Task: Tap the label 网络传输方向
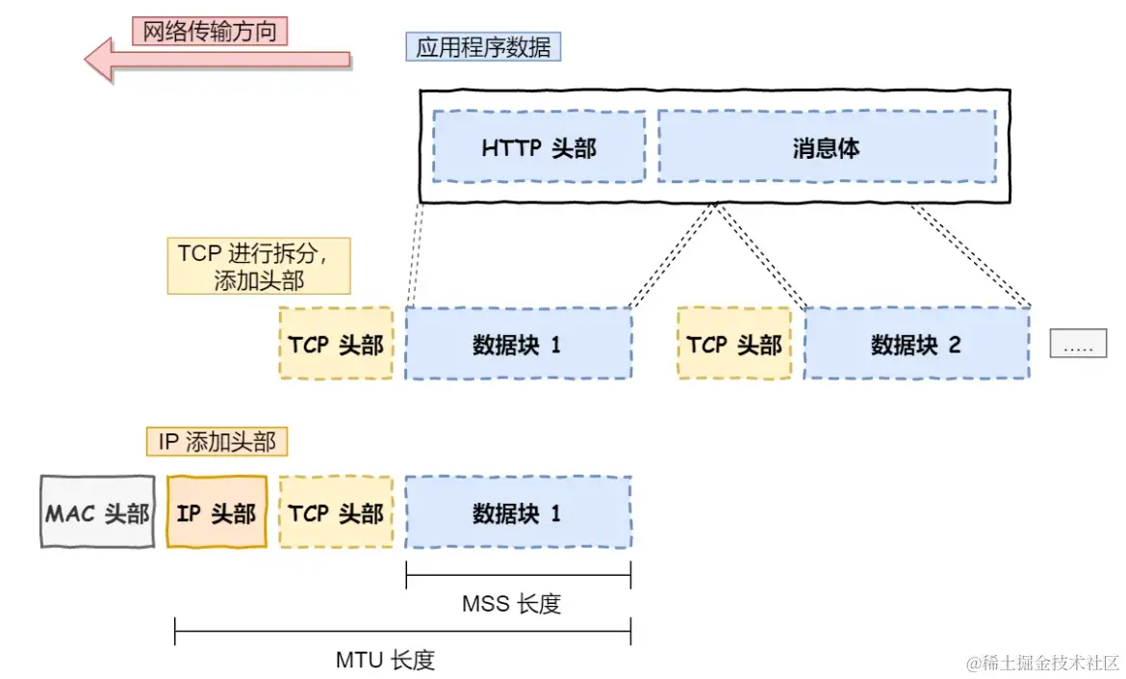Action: (210, 31)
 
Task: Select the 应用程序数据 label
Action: (483, 47)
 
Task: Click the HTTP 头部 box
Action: (539, 147)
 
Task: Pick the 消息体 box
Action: (826, 147)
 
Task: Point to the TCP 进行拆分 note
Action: (258, 266)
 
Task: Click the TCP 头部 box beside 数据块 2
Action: (734, 344)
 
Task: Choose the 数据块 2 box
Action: (916, 344)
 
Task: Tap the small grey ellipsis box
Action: (1078, 344)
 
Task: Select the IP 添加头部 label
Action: (217, 442)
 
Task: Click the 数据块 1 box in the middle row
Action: (518, 344)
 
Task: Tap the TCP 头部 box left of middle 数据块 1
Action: (336, 344)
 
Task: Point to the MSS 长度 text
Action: (511, 604)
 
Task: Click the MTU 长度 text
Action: (385, 660)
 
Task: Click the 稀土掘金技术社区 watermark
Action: (1044, 663)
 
